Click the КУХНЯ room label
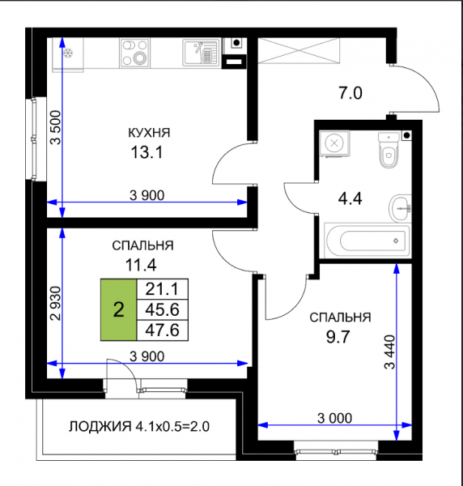coord(149,133)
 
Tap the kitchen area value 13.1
coord(147,152)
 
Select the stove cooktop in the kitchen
coord(134,53)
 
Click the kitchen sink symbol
coord(202,53)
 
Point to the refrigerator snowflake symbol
coord(68,53)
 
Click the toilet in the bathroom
coord(389,150)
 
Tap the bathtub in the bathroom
coord(367,241)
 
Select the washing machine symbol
coord(334,143)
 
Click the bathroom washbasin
coord(400,209)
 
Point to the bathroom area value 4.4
coord(350,198)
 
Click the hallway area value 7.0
coord(350,93)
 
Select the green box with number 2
coord(119,309)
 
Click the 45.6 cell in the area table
coord(162,309)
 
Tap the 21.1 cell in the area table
coord(162,289)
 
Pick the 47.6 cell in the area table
coord(162,330)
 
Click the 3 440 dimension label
coord(389,352)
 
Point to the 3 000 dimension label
coord(334,419)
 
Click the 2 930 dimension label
coord(56,303)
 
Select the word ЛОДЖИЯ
coord(100,427)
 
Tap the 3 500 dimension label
coord(56,127)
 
